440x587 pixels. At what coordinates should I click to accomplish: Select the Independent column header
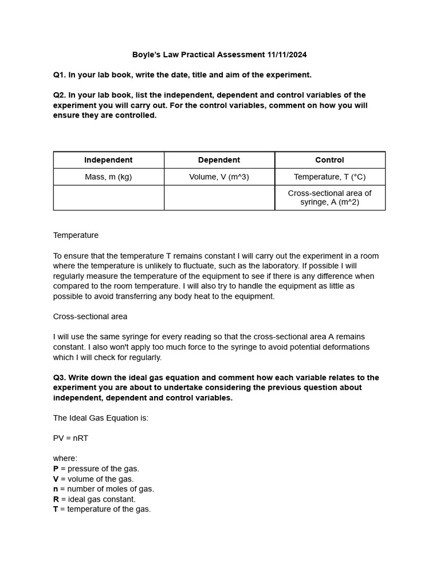tap(108, 160)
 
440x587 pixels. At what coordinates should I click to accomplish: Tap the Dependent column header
tap(219, 160)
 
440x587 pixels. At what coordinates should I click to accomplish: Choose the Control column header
tap(329, 160)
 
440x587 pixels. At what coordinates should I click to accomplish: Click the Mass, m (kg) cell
tap(108, 177)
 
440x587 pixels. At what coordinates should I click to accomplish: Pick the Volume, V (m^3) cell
tap(219, 177)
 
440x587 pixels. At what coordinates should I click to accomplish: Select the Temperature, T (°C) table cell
tap(329, 177)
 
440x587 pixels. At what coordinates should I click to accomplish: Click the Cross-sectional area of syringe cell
tap(329, 197)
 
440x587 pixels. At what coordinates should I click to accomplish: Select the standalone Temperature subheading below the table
tap(76, 235)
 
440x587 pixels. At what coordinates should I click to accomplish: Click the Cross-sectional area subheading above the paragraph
tap(90, 316)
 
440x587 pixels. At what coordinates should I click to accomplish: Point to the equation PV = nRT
tap(70, 438)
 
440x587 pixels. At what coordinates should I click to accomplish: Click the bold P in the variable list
tap(56, 468)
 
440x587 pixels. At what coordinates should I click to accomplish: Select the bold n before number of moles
tap(56, 489)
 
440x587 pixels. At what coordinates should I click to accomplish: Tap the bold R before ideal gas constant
tap(56, 499)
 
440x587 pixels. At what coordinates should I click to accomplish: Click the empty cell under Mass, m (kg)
tap(108, 197)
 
